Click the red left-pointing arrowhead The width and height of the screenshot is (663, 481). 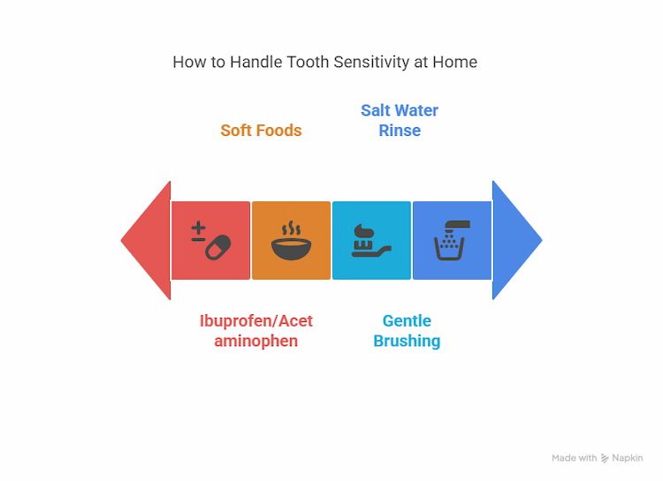[x=149, y=240]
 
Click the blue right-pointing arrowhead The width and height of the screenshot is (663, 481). [x=514, y=239]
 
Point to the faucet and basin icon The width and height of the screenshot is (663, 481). [x=452, y=241]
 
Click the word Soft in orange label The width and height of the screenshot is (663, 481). [x=237, y=131]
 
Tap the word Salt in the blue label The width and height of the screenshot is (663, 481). [x=377, y=110]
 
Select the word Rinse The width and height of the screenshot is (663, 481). [x=400, y=131]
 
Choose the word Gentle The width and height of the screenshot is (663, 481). [x=407, y=321]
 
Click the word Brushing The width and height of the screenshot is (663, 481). [x=407, y=341]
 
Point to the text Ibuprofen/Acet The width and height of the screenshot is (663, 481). [x=256, y=320]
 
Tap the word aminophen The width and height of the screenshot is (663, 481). [x=256, y=341]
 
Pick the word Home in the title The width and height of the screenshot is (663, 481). [x=456, y=63]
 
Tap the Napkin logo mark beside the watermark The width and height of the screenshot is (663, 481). [x=605, y=458]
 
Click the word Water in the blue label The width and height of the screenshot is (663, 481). [x=417, y=110]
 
